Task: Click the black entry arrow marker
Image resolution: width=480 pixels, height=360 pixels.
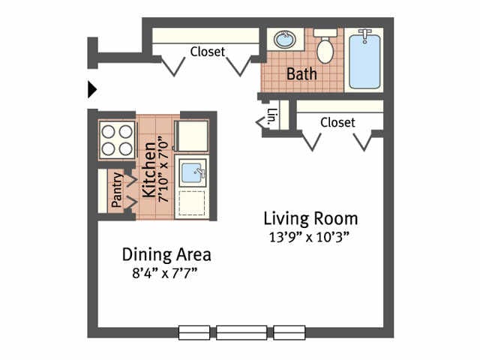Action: pyautogui.click(x=91, y=90)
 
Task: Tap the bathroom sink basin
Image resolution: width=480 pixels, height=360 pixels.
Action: pyautogui.click(x=285, y=39)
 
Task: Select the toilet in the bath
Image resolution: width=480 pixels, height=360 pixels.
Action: pyautogui.click(x=325, y=46)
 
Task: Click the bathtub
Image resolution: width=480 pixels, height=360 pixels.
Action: pyautogui.click(x=364, y=61)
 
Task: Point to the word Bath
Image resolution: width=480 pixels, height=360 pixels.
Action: pyautogui.click(x=301, y=74)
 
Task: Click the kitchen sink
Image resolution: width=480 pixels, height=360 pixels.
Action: pyautogui.click(x=193, y=172)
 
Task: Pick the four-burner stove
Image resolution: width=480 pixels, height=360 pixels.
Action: pyautogui.click(x=117, y=140)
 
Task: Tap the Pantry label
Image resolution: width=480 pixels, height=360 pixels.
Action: pyautogui.click(x=117, y=190)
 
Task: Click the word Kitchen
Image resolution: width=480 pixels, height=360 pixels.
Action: pyautogui.click(x=150, y=169)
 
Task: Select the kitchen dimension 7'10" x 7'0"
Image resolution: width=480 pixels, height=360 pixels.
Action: pyautogui.click(x=163, y=171)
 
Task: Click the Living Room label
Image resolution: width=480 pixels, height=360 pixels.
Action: pyautogui.click(x=310, y=219)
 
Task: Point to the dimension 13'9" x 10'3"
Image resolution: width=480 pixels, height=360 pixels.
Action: pyautogui.click(x=309, y=237)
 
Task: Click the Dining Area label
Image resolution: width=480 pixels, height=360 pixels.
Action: pyautogui.click(x=166, y=255)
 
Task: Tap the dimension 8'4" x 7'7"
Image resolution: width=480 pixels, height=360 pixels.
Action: pyautogui.click(x=165, y=272)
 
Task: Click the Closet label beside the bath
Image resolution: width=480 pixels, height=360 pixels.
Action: pyautogui.click(x=208, y=52)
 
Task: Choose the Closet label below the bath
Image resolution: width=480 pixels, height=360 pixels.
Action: pyautogui.click(x=337, y=122)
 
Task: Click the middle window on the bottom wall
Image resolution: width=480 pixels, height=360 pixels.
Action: pyautogui.click(x=241, y=332)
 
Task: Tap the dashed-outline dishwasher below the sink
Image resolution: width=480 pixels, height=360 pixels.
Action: pyautogui.click(x=192, y=203)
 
